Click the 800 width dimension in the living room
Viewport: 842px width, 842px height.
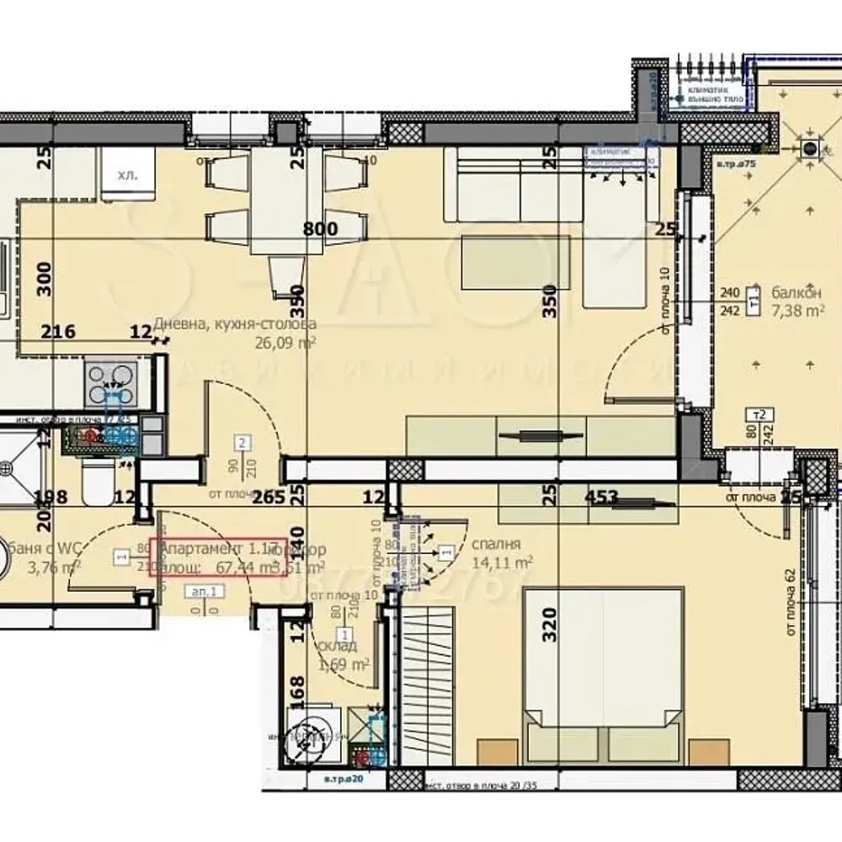(x=320, y=229)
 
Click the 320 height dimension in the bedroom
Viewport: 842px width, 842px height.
(x=550, y=625)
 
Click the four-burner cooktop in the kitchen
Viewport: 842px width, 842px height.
(x=111, y=383)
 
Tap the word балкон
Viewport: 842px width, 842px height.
(x=796, y=293)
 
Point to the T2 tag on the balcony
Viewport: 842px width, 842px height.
(x=761, y=414)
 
